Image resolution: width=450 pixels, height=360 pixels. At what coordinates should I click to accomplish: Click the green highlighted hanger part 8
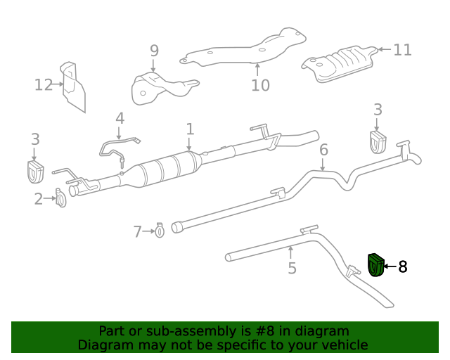coord(375,265)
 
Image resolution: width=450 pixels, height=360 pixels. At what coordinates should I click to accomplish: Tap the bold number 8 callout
coord(403,266)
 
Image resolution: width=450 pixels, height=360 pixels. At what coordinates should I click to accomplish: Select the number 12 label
coord(44,85)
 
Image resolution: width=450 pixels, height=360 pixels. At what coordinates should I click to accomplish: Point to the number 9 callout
coord(154,51)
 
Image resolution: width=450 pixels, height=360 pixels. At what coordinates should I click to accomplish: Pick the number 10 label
coord(260,85)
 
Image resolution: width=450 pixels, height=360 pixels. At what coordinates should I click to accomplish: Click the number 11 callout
coord(402,50)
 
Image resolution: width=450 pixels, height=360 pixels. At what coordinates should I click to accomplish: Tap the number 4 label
coord(120,118)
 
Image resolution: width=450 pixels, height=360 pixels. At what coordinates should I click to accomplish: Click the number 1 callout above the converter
coord(190,129)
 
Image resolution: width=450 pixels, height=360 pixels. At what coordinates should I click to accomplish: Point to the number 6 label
coord(323,150)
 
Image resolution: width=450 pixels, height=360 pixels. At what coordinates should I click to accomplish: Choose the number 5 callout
coord(292,268)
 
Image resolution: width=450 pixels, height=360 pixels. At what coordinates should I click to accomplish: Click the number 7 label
coord(138,231)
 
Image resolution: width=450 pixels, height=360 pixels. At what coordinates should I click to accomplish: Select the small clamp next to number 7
coord(160,229)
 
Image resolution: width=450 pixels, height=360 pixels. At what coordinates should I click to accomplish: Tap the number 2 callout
coord(39,199)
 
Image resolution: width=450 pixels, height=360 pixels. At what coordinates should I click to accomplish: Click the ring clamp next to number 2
coord(60,200)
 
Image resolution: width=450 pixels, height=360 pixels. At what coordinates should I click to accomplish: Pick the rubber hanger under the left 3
coord(34,171)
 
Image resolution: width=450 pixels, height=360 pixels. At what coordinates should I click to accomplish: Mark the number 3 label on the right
coord(378,109)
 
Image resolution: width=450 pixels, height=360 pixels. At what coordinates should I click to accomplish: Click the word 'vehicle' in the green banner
coord(343,345)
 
